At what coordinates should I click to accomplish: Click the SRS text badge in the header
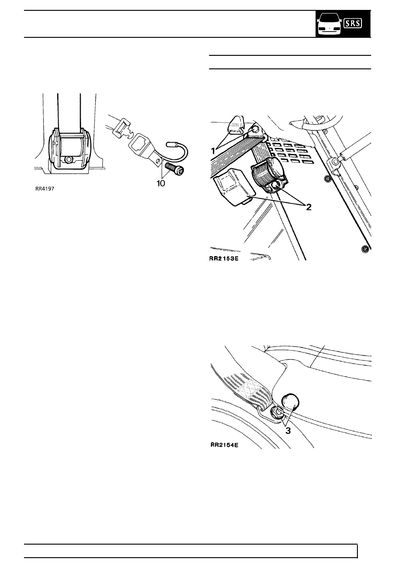click(352, 23)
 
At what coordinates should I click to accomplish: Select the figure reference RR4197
click(46, 189)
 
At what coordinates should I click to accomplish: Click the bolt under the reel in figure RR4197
click(68, 160)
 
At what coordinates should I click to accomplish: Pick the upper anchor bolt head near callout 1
click(255, 130)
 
